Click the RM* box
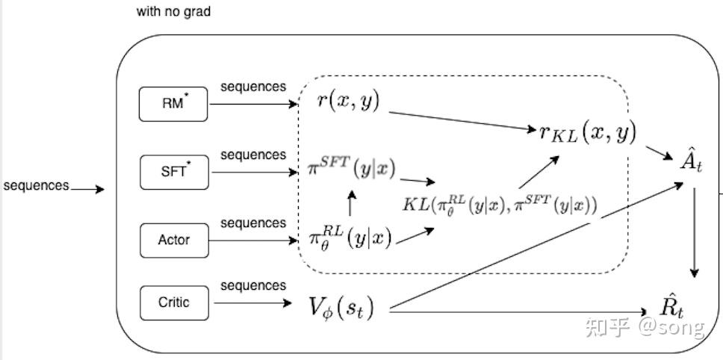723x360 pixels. (x=174, y=104)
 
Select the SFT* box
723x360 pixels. (x=174, y=172)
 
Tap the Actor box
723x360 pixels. (x=174, y=240)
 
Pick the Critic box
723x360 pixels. (x=174, y=302)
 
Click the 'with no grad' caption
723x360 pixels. (x=173, y=12)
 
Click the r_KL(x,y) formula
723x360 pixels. (x=587, y=132)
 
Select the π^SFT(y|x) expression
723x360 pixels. (x=351, y=168)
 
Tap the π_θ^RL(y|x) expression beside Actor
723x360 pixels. (x=350, y=237)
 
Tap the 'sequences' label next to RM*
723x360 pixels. (x=252, y=87)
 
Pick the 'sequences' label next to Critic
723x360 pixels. (x=252, y=285)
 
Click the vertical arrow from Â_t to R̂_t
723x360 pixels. (x=695, y=232)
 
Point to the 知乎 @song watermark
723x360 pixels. (x=645, y=327)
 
